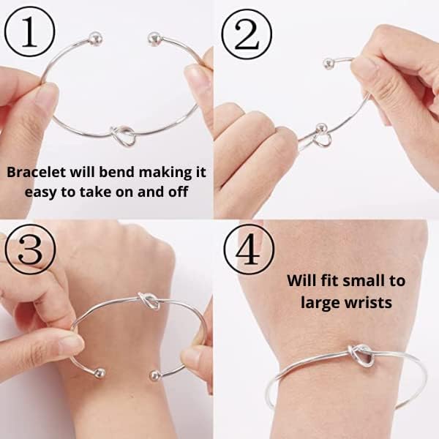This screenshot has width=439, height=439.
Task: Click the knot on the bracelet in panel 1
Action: pyautogui.click(x=124, y=135)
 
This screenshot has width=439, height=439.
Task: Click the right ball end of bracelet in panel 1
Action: pyautogui.click(x=153, y=37)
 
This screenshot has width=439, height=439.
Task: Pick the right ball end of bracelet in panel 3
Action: pyautogui.click(x=154, y=376)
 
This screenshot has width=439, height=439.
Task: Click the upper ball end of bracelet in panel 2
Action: pyautogui.click(x=329, y=63)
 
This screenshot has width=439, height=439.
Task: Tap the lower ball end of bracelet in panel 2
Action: pyautogui.click(x=319, y=130)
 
